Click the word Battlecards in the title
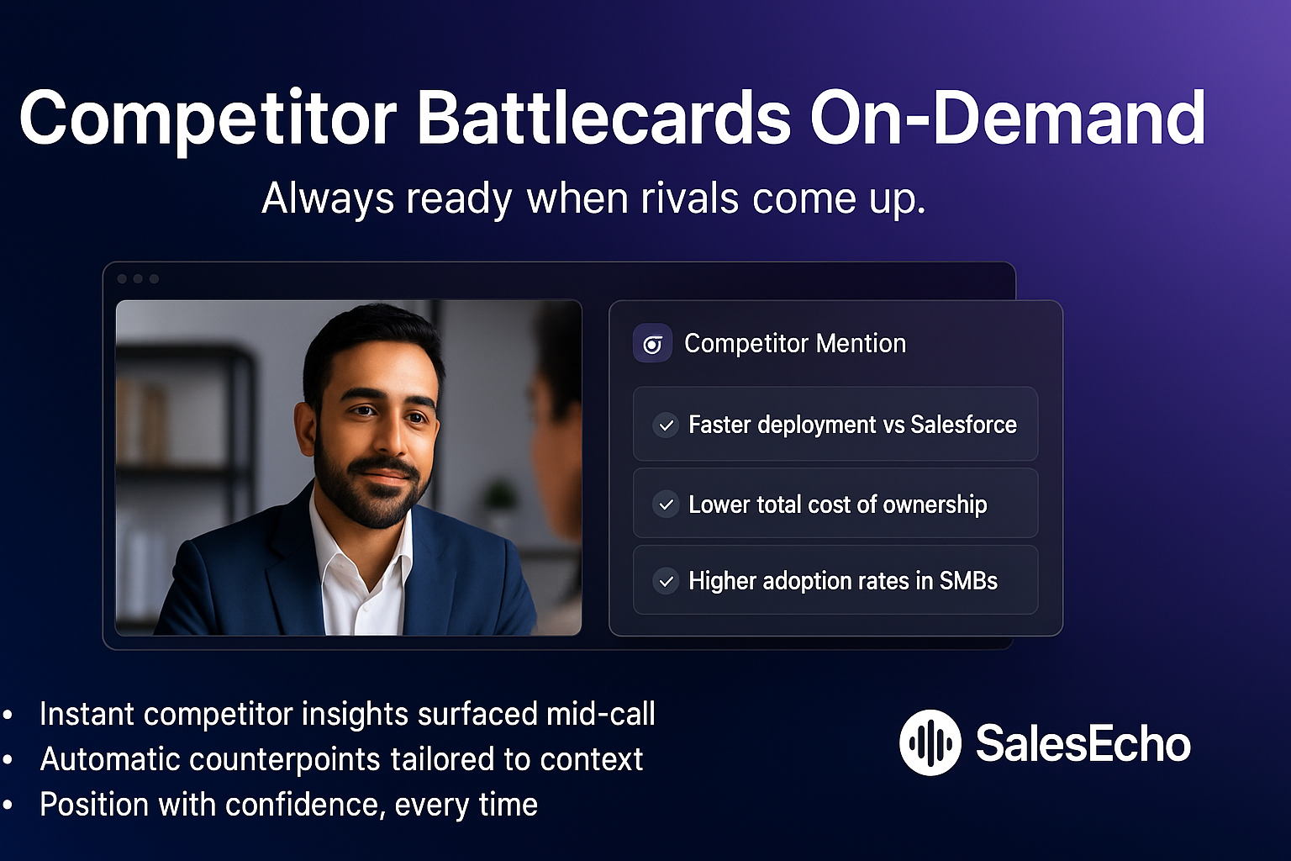tap(603, 119)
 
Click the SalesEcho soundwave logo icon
tap(930, 742)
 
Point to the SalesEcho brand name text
tap(1083, 743)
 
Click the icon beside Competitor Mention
tap(652, 344)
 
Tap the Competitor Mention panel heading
tap(794, 344)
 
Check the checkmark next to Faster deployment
tap(667, 425)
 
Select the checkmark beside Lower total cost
tap(667, 504)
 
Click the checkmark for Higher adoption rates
tap(667, 581)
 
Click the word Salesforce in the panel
tap(963, 425)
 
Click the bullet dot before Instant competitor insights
tap(8, 716)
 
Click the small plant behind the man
tap(502, 496)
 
